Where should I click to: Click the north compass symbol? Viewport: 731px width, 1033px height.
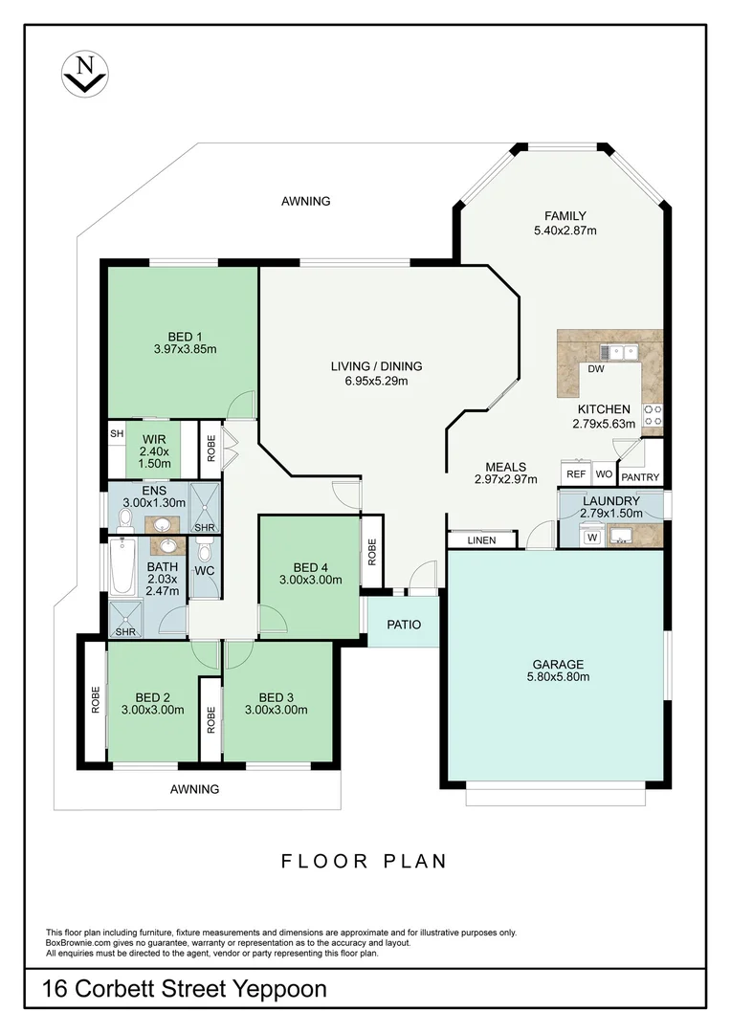tap(84, 75)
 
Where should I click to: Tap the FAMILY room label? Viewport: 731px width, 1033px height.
tap(565, 216)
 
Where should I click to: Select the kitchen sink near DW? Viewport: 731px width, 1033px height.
tap(619, 352)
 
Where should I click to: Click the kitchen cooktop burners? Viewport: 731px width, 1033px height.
tap(653, 415)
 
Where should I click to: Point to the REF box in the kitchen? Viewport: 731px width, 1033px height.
tap(576, 473)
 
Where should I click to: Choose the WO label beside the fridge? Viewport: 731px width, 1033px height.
tap(604, 473)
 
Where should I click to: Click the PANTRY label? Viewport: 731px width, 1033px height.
tap(640, 477)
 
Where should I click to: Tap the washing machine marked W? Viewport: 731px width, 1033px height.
tap(592, 537)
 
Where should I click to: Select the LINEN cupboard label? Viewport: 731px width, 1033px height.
tap(481, 540)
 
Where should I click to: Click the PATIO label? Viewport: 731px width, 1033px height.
tap(404, 624)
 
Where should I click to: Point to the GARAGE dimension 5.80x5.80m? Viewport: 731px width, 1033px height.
tap(559, 676)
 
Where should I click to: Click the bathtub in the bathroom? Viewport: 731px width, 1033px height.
tap(122, 566)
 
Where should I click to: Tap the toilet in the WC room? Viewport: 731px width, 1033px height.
tap(205, 549)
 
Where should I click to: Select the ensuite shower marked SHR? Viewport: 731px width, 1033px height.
tap(205, 507)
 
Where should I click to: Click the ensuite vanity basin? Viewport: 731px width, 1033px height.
tap(162, 524)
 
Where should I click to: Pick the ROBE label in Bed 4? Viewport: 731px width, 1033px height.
tap(372, 552)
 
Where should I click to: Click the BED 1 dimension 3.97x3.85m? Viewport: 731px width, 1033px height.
tap(186, 349)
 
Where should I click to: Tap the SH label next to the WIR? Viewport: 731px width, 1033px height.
tap(117, 433)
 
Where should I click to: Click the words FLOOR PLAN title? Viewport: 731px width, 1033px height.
tap(365, 861)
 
